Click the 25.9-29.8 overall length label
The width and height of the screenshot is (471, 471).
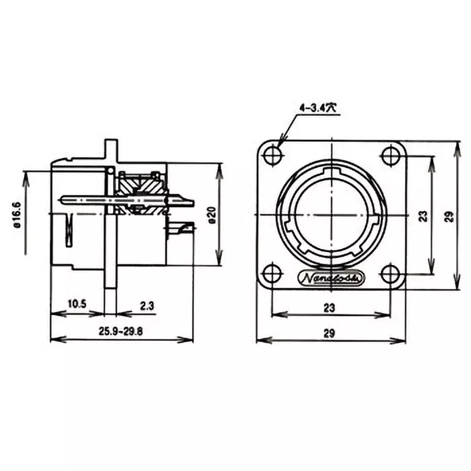pos(120,331)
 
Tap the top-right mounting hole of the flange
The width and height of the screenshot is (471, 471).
pos(390,156)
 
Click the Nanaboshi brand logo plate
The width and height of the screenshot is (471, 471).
pos(332,278)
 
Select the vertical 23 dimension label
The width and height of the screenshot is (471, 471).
pos(423,216)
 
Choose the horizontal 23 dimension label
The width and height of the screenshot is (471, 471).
pos(329,307)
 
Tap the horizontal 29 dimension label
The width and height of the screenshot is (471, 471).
pos(329,333)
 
